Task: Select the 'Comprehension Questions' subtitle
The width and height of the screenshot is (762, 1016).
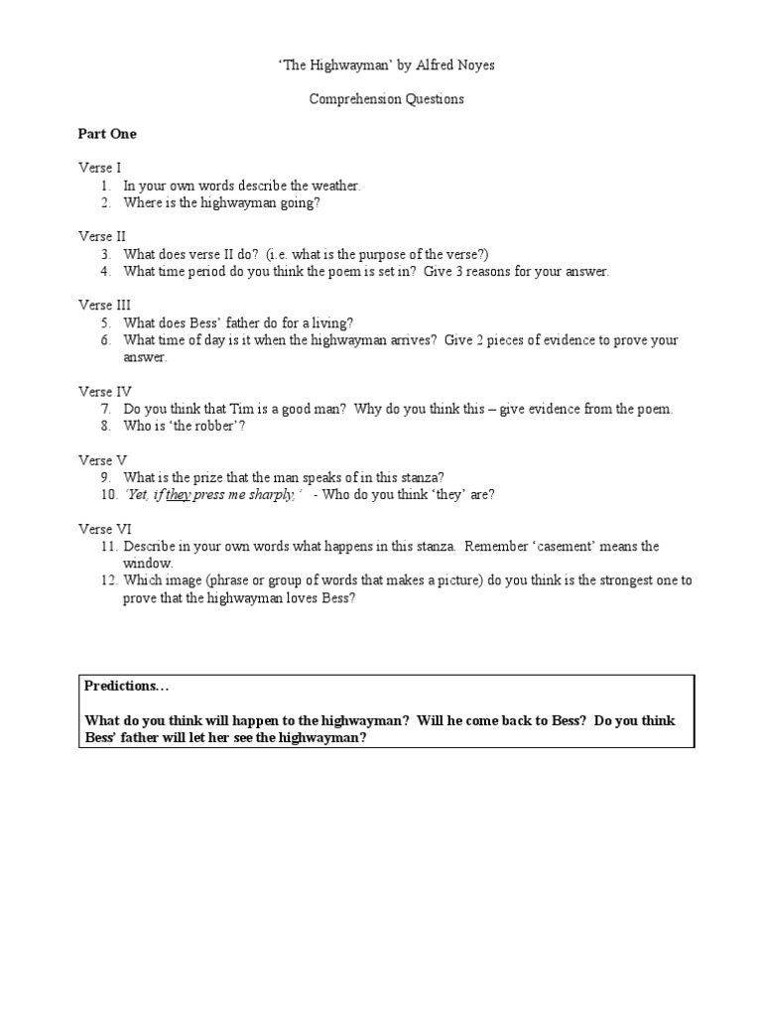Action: (386, 99)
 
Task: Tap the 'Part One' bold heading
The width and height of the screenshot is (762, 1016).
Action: (108, 134)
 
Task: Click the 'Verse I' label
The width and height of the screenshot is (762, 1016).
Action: (100, 168)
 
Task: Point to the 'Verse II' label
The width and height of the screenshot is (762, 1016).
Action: (102, 236)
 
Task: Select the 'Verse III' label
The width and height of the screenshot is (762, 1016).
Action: (104, 306)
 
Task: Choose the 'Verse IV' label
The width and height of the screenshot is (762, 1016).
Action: (104, 392)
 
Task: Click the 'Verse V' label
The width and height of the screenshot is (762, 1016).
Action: (102, 460)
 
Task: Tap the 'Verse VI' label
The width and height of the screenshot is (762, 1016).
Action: (104, 529)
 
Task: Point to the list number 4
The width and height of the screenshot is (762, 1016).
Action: (104, 271)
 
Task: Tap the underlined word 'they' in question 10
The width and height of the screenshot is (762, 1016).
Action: (179, 494)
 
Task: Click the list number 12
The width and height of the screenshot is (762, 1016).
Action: (107, 580)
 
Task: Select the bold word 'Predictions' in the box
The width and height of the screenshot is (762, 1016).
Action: (120, 686)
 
